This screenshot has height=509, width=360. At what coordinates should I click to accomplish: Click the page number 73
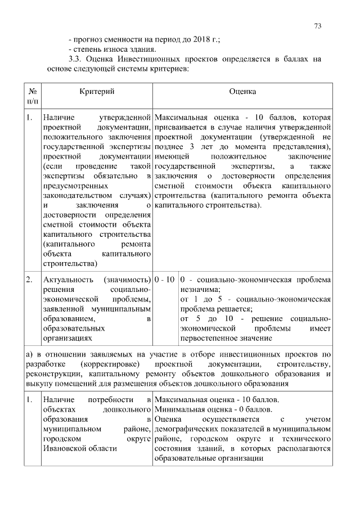tap(318, 26)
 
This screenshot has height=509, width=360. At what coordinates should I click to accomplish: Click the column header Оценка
tap(242, 91)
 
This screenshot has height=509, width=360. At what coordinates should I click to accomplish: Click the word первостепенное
tap(208, 338)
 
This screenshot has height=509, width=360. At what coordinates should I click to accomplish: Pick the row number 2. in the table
tap(29, 280)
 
